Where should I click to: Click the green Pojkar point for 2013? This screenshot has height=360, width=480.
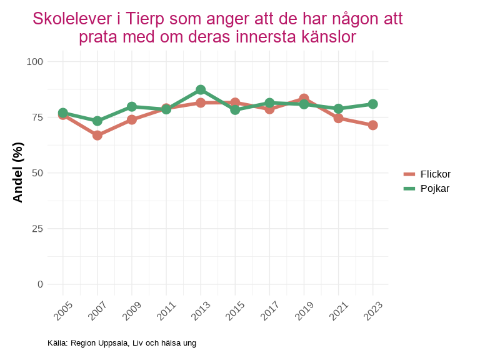tap(201, 90)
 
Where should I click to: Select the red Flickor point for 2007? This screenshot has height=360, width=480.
tap(97, 135)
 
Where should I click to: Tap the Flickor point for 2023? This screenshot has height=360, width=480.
tap(372, 125)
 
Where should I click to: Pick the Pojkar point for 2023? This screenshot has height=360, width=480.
tap(372, 104)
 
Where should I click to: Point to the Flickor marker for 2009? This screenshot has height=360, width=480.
tap(132, 119)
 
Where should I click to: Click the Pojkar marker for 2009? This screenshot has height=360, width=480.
tap(132, 106)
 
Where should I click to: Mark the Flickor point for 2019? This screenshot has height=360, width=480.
tap(304, 99)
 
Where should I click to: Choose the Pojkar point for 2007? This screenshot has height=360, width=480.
tap(97, 121)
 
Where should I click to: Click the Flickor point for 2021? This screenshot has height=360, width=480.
tap(338, 118)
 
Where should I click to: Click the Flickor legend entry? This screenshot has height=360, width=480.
tap(427, 174)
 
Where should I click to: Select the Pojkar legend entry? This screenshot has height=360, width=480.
tap(427, 188)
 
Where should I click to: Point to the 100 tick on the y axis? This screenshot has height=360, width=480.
tap(35, 61)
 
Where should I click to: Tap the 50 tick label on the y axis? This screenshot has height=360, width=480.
tap(37, 172)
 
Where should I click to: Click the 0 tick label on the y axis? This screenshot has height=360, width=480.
tap(40, 284)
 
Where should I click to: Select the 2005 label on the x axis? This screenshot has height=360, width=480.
tap(63, 311)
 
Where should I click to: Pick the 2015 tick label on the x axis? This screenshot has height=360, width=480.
tap(235, 311)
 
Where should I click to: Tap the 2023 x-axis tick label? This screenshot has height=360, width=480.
tap(372, 311)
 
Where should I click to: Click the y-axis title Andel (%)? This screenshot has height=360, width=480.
tap(18, 172)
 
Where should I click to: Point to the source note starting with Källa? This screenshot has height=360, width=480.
tap(122, 343)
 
